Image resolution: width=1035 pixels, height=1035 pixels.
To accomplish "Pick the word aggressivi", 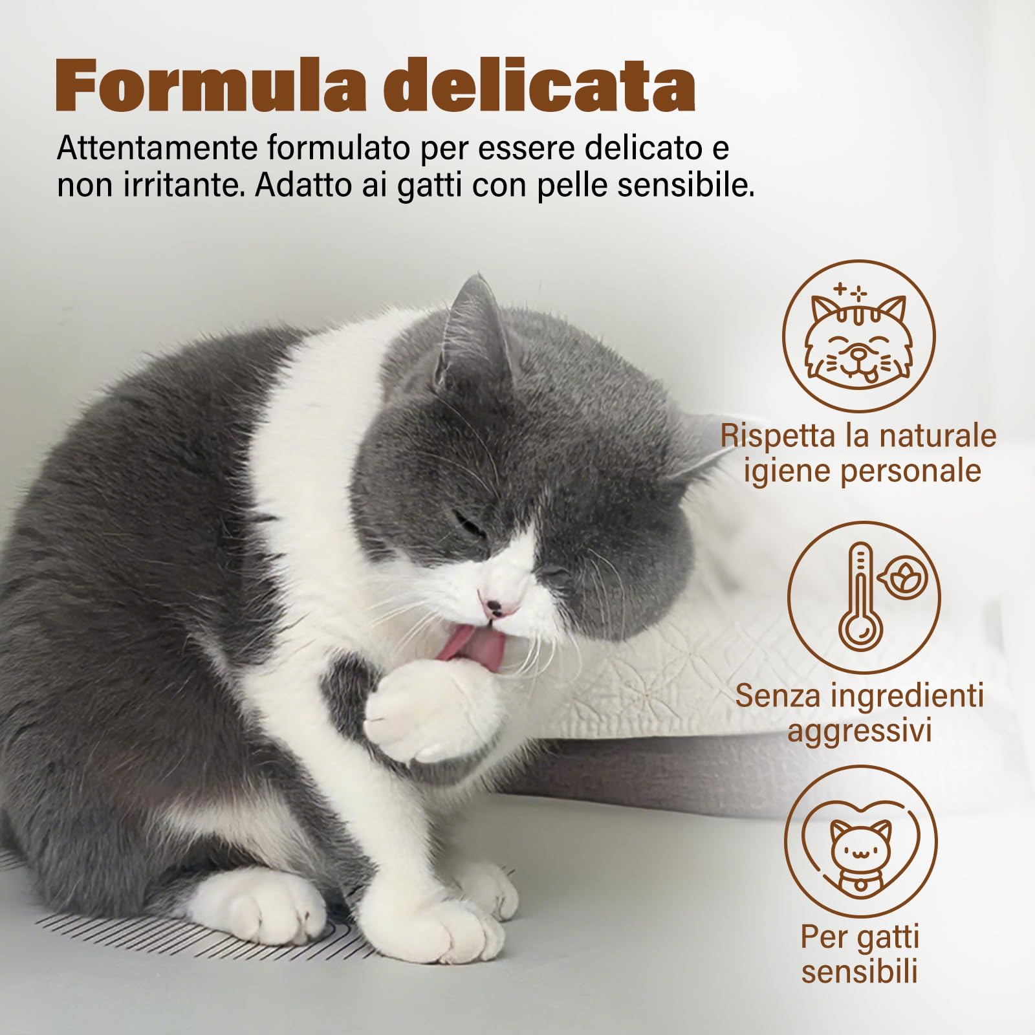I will [859, 731].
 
